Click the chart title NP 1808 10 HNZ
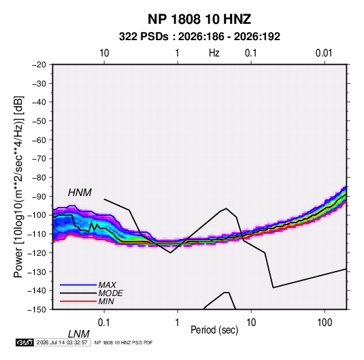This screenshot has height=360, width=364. (x=199, y=19)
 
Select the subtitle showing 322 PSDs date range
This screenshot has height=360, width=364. (x=199, y=37)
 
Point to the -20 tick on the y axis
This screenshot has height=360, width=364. (x=39, y=65)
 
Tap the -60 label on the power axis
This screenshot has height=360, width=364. (x=39, y=140)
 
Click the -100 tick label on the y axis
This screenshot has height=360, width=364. (x=37, y=215)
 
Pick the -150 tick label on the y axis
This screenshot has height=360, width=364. (x=37, y=310)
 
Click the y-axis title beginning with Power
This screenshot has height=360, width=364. (x=18, y=187)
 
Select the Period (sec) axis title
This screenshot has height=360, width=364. (x=214, y=330)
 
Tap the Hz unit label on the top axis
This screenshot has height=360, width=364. (x=214, y=53)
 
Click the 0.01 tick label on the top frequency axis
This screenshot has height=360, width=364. (x=324, y=53)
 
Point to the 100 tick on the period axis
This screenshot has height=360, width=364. (x=325, y=323)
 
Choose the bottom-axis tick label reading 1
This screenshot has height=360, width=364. (x=177, y=323)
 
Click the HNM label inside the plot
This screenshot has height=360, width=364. (x=80, y=193)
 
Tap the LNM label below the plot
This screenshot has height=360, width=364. (x=78, y=334)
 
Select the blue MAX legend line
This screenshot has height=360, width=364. (x=78, y=284)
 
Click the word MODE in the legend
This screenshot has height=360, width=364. (x=110, y=293)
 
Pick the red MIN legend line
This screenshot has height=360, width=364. (x=78, y=301)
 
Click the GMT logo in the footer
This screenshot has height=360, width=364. (x=24, y=342)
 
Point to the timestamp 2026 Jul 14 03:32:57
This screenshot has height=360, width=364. (x=62, y=342)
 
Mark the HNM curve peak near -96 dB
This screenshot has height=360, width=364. (x=226, y=208)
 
